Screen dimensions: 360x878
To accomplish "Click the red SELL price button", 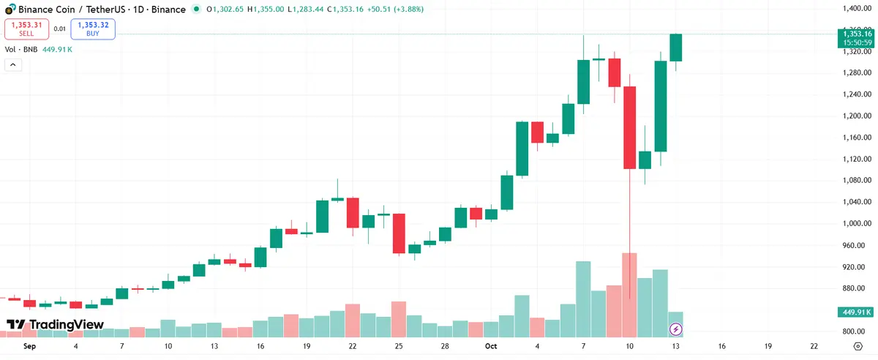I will (26, 29).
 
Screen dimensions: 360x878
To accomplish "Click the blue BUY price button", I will (93, 29).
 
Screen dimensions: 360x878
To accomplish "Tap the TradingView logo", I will (55, 324).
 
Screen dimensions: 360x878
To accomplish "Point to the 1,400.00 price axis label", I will (856, 9).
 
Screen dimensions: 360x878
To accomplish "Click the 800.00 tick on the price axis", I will (855, 331).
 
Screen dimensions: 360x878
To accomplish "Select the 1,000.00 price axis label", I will (856, 224).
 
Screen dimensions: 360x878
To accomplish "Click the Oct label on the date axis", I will (491, 346).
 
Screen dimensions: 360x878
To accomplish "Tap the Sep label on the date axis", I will (29, 346).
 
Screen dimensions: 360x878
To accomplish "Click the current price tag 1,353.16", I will (857, 34).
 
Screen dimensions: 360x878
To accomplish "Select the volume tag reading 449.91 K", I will (857, 312).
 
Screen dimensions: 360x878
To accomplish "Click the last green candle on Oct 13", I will (676, 48).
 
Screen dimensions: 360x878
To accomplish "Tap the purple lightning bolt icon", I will (676, 329).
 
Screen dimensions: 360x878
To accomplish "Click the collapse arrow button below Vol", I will (12, 64).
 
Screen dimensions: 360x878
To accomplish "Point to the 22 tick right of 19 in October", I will (814, 346).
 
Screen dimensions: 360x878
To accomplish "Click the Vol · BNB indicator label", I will (20, 50).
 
